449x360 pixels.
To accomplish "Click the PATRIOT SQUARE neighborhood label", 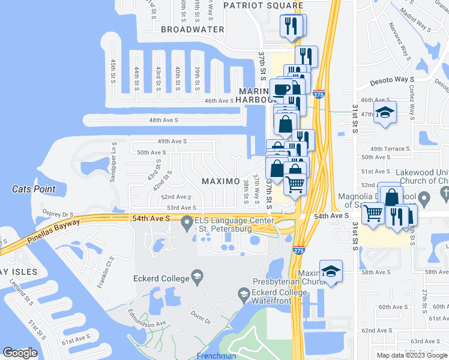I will [263, 5].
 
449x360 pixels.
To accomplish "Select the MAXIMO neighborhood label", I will [220, 181].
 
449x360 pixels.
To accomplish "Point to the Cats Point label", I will [34, 189].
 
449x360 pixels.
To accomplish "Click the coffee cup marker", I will [282, 90].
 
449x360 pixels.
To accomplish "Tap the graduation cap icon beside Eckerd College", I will [196, 277].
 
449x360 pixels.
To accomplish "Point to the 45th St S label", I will [112, 70].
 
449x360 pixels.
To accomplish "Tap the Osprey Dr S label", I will [58, 213].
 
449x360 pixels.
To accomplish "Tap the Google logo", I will [20, 353].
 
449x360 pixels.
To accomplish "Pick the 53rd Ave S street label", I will [182, 208].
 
